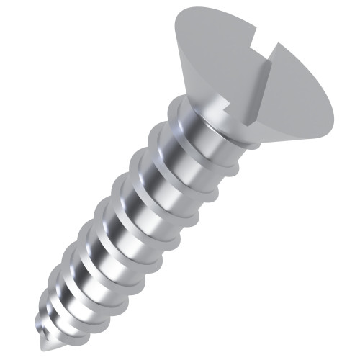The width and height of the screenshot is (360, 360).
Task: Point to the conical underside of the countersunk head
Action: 216,108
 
